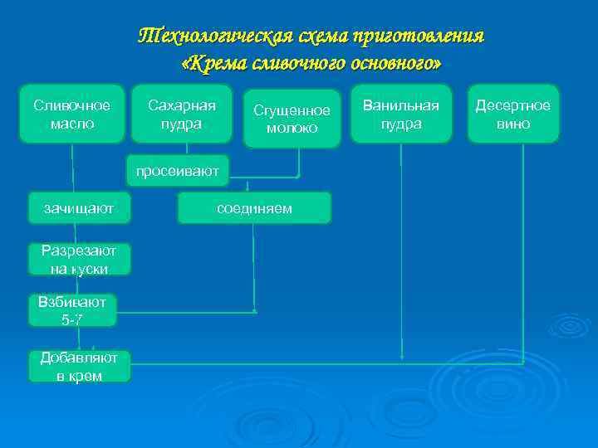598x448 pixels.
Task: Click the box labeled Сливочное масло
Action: (72, 114)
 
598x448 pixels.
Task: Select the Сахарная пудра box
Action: (182, 114)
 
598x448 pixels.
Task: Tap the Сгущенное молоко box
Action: (292, 119)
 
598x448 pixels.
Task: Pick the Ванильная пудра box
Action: (402, 114)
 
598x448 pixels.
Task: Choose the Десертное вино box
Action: (512, 114)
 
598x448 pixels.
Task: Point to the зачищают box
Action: (79, 208)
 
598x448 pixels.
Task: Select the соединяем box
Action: (254, 208)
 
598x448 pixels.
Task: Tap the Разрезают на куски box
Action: (78, 259)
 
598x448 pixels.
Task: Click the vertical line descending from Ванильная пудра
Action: (402, 249)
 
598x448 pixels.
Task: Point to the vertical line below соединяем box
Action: (253, 265)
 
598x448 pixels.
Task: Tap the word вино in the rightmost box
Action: (512, 124)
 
